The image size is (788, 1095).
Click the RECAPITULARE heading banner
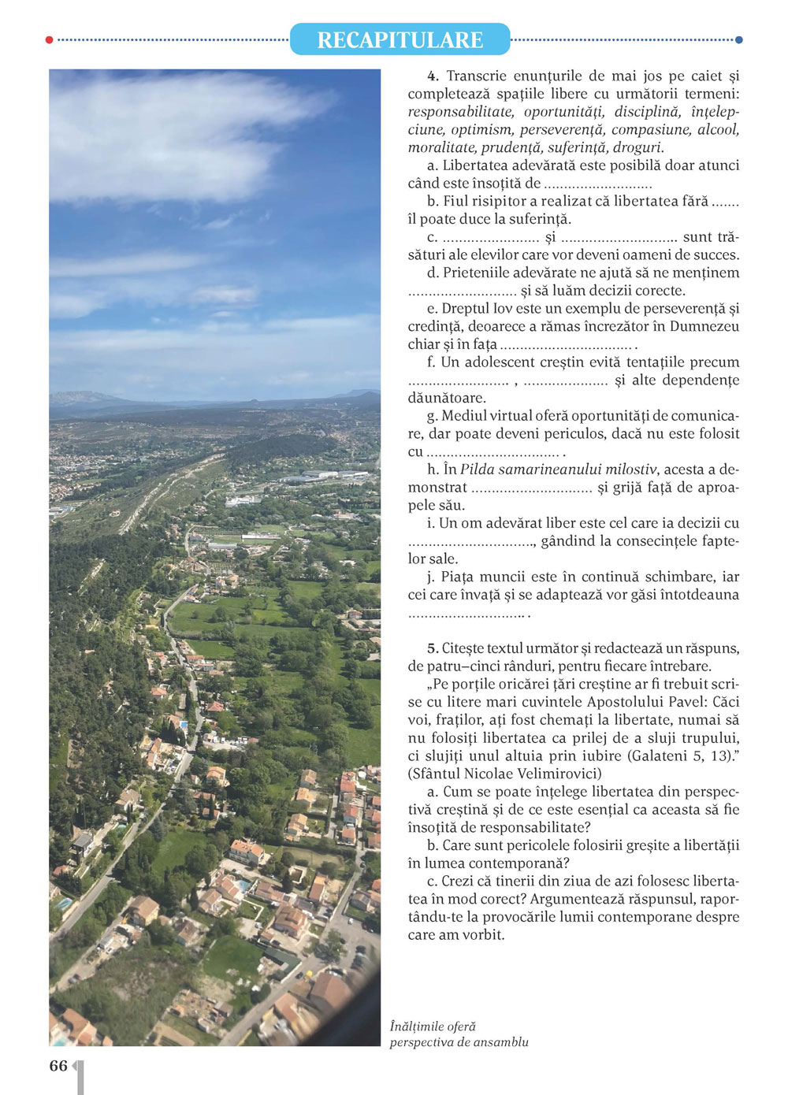point(400,39)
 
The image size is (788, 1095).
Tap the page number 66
point(58,1066)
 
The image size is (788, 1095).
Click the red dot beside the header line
point(50,39)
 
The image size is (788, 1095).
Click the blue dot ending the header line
point(738,39)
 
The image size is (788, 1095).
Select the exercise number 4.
point(432,76)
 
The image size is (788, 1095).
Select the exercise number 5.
point(432,648)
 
